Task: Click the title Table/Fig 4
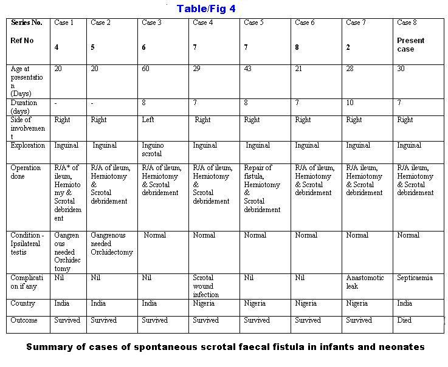[x=206, y=9]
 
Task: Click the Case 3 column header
[x=151, y=23]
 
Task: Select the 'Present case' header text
[x=411, y=45]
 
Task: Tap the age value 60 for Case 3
[x=146, y=69]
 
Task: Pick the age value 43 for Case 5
[x=248, y=69]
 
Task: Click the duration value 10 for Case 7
[x=350, y=103]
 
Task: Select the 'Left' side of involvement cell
[x=148, y=120]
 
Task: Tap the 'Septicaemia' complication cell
[x=415, y=278]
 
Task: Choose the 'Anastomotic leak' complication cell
[x=365, y=282]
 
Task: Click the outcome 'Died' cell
[x=404, y=320]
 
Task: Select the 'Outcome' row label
[x=24, y=320]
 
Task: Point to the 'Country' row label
[x=23, y=303]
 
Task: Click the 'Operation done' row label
[x=26, y=172]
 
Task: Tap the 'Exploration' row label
[x=28, y=146]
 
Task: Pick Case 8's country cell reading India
[x=405, y=303]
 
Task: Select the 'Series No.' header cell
[x=27, y=23]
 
